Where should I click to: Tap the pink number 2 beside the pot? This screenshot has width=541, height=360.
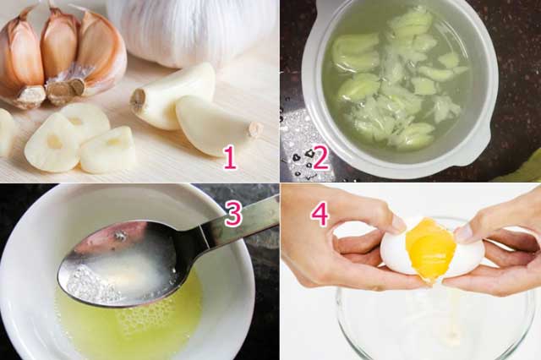pos(320,158)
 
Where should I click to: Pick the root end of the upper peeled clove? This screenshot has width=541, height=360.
pos(138,101)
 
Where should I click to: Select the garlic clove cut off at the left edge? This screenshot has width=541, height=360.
pos(5,131)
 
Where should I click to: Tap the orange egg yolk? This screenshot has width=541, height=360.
pos(430,249)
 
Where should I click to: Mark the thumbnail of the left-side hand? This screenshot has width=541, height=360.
pos(397,223)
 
